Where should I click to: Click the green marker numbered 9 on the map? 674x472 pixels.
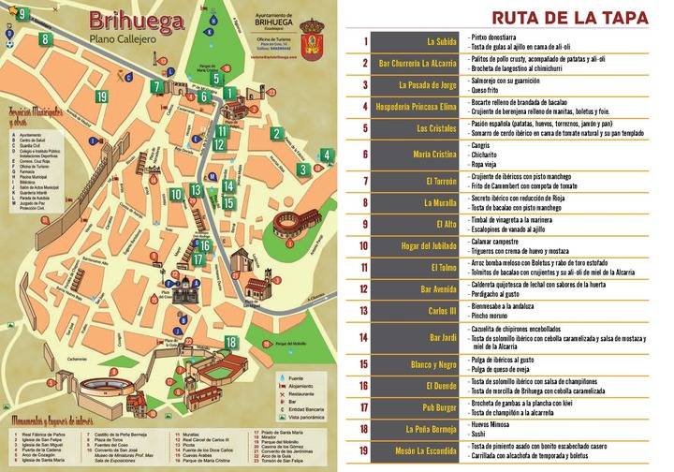coord(21,14)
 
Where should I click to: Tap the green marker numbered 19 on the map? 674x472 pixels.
coord(101,96)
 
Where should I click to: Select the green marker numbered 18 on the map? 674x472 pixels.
coord(230,343)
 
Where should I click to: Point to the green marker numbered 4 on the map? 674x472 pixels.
coord(304,170)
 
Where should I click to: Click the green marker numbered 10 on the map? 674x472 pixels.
coord(176,195)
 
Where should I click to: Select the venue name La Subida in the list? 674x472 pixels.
coord(442,42)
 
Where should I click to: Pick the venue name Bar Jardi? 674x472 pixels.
coord(444,338)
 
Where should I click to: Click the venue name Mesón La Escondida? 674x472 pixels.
coord(427,452)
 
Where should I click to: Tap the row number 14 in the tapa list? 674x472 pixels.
coord(364,338)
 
